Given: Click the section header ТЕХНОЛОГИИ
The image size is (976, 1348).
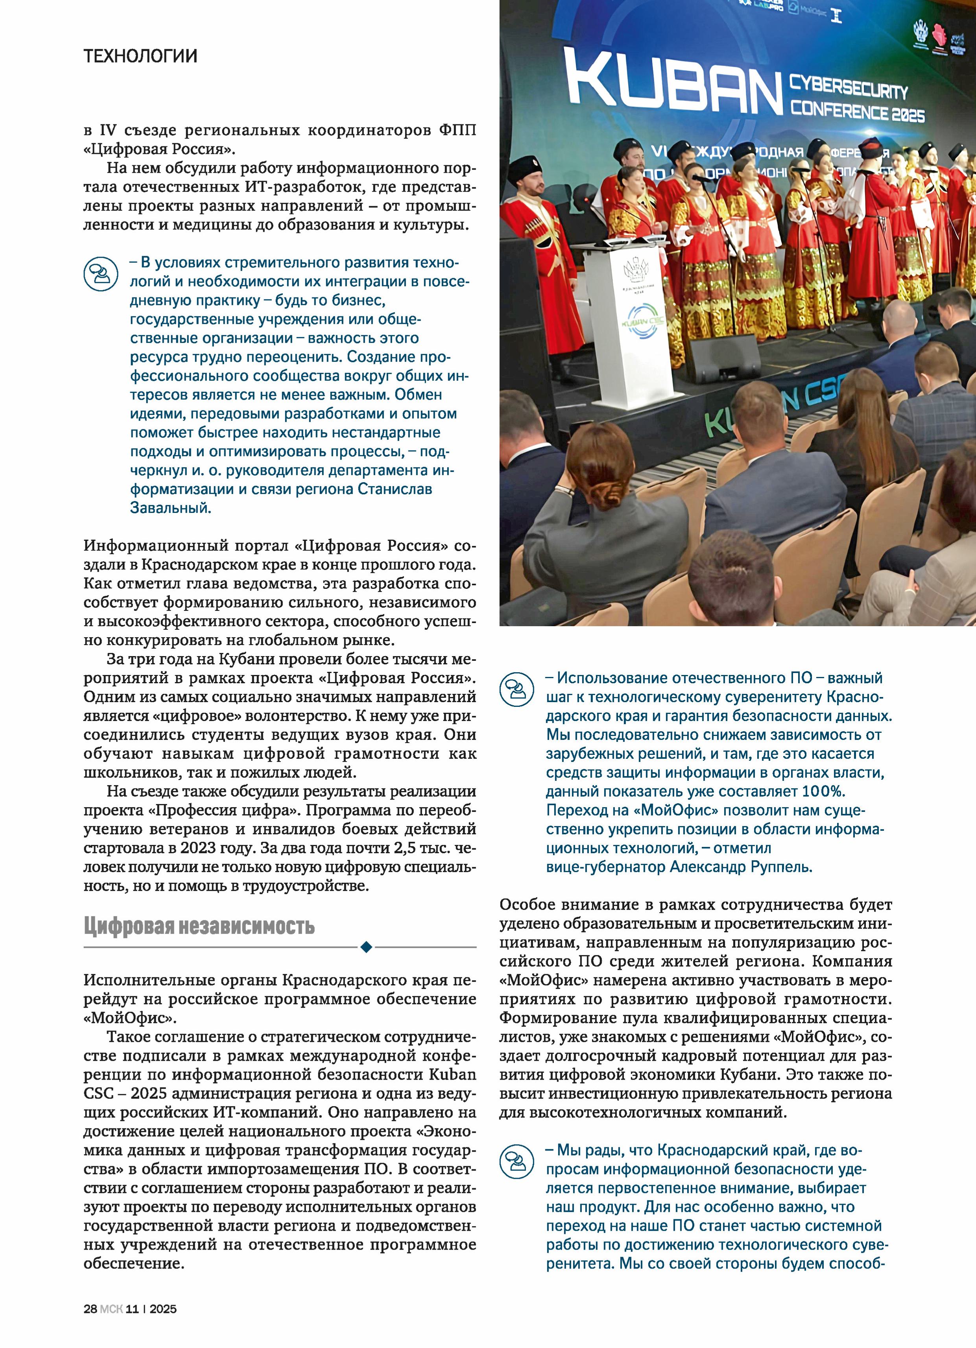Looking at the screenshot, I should click(140, 57).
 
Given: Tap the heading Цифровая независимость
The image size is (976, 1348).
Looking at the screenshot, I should click(199, 927).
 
